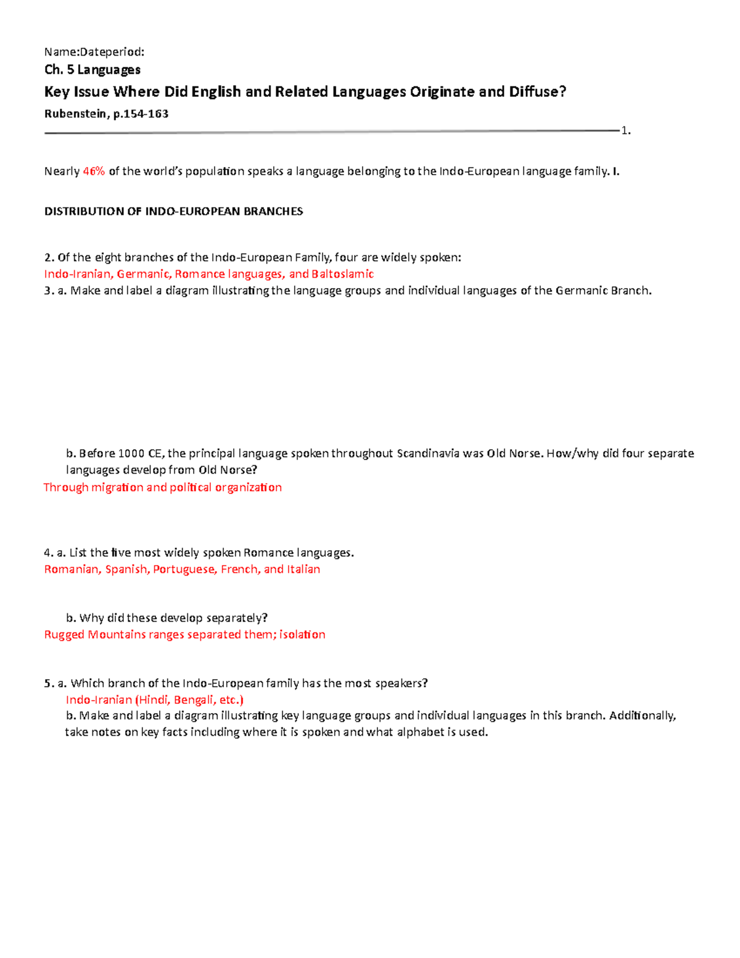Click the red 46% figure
(94, 171)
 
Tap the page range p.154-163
(141, 114)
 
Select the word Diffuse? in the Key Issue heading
(537, 92)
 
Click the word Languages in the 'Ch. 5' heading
(109, 70)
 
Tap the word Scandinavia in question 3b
(428, 453)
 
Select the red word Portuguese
(184, 569)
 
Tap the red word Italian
(303, 569)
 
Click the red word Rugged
(64, 635)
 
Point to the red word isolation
(302, 635)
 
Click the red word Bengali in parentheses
(194, 700)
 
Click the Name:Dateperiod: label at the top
(94, 52)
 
